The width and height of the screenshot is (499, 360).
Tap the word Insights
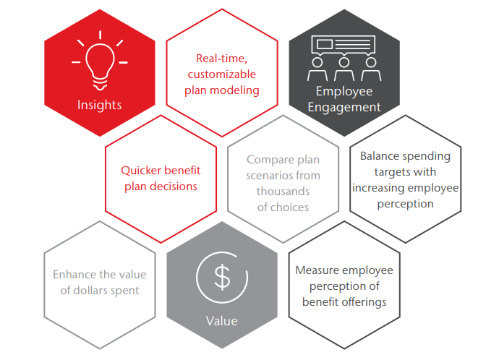pos(99,105)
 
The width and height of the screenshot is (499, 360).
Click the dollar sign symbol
pos(222,277)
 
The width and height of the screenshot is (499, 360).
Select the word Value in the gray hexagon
pos(222,321)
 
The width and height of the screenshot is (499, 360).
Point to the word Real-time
pos(221,59)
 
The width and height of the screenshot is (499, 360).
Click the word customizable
pos(222,74)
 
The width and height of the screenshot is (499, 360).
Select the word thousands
pos(283,192)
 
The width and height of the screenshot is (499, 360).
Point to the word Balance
pos(380,156)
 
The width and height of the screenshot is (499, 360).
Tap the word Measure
pos(317,270)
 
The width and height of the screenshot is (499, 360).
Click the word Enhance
pos(73,275)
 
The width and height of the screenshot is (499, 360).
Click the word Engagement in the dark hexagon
pos(344,108)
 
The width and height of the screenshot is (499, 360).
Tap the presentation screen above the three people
pos(344,44)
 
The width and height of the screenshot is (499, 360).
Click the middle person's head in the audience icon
pos(344,62)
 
